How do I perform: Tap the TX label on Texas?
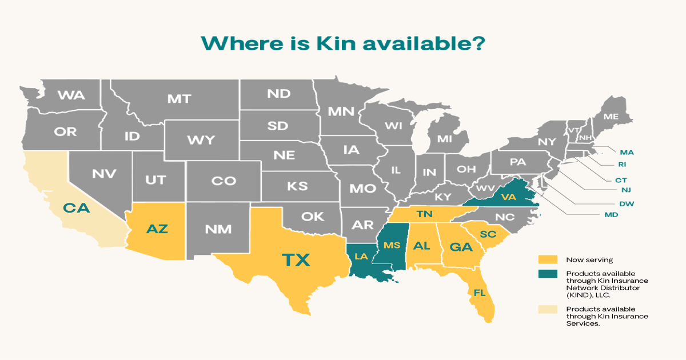[296, 261]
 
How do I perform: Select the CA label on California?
[77, 208]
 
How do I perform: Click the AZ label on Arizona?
[157, 229]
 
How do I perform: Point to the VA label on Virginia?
[509, 197]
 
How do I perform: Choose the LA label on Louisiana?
[361, 257]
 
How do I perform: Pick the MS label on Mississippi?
[392, 246]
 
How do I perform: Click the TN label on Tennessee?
[424, 214]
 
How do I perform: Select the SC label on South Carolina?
[488, 234]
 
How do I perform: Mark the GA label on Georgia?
[460, 247]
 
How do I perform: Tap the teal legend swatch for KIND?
[547, 274]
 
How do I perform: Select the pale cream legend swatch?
[547, 309]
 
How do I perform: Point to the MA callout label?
[627, 152]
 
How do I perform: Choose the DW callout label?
[627, 203]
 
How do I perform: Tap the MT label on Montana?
[178, 99]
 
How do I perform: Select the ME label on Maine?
[611, 117]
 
